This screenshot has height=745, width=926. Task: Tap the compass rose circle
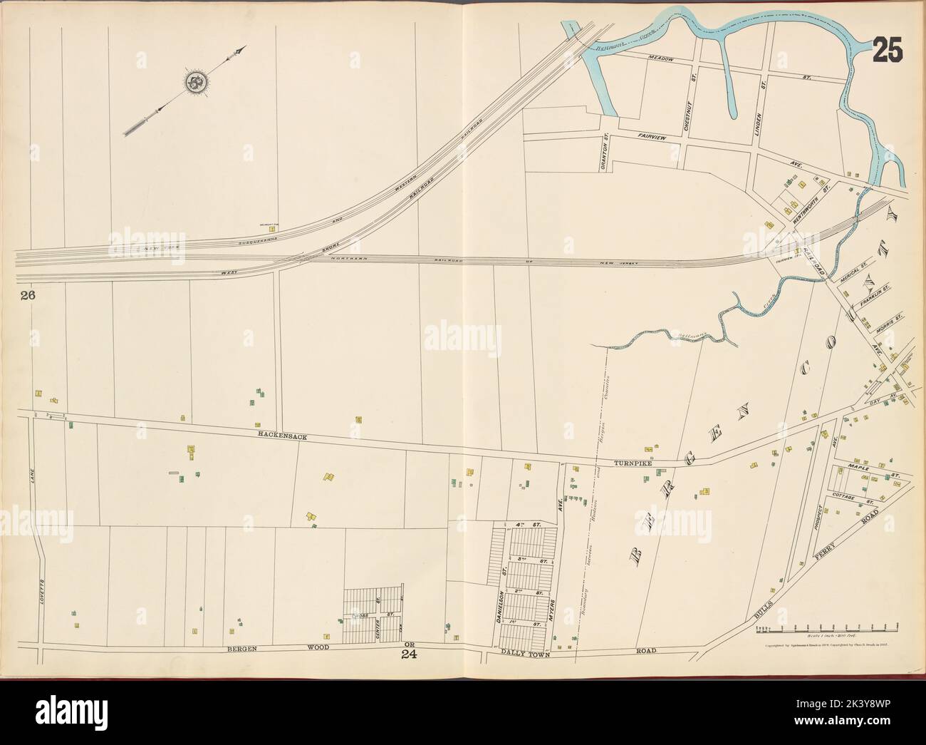click(194, 83)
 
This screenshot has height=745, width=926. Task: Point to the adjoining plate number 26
click(28, 294)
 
